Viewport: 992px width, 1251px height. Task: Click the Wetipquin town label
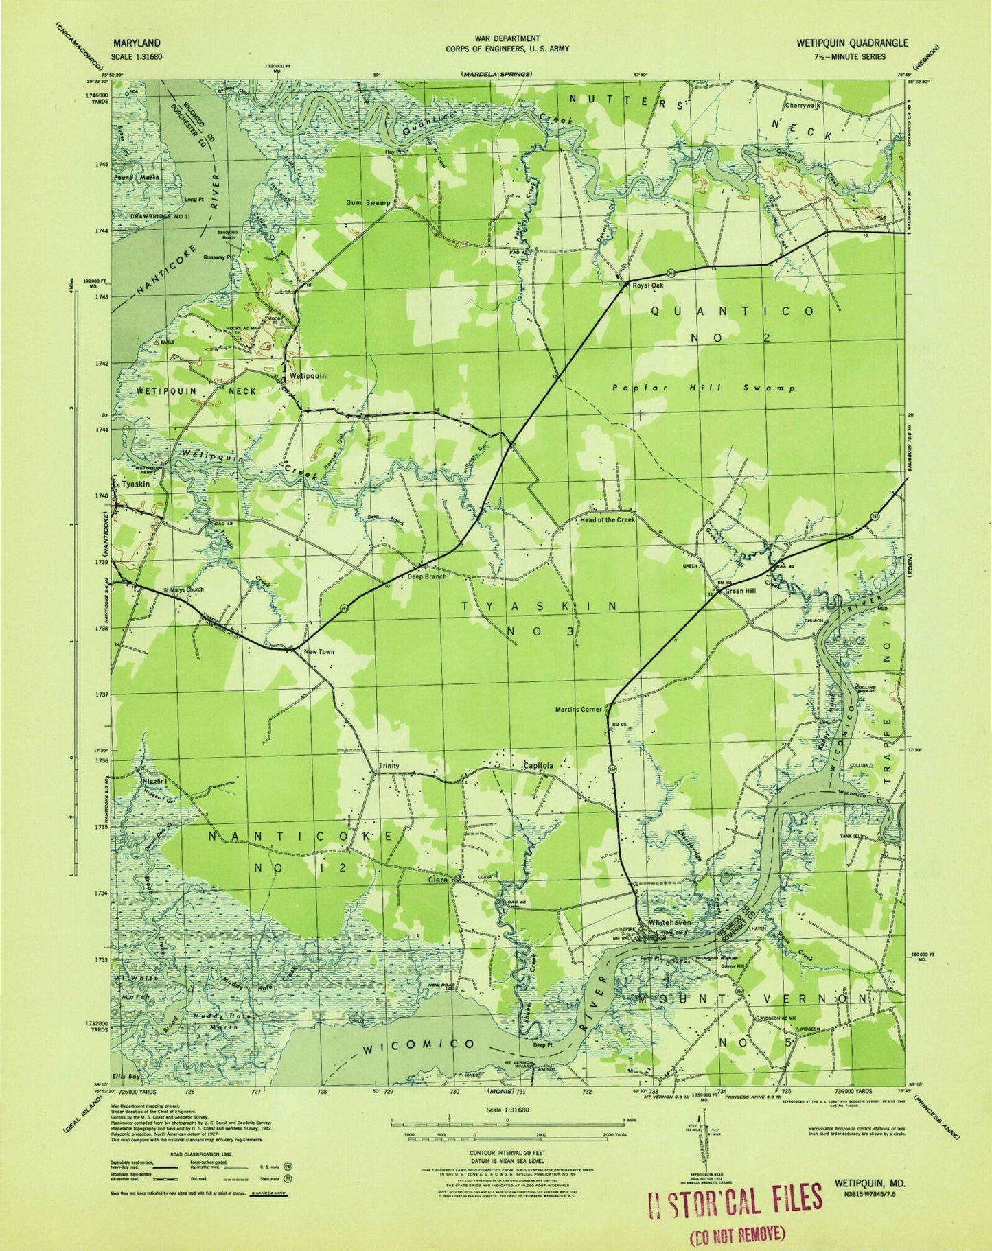[307, 375]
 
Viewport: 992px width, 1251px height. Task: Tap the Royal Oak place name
[649, 285]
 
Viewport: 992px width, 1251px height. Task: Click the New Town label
[319, 651]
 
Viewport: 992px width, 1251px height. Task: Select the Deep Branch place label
[427, 576]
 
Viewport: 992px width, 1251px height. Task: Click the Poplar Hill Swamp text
[703, 388]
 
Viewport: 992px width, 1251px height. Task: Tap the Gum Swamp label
[369, 203]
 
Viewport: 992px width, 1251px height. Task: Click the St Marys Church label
[183, 589]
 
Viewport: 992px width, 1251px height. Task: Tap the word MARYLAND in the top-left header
[133, 43]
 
